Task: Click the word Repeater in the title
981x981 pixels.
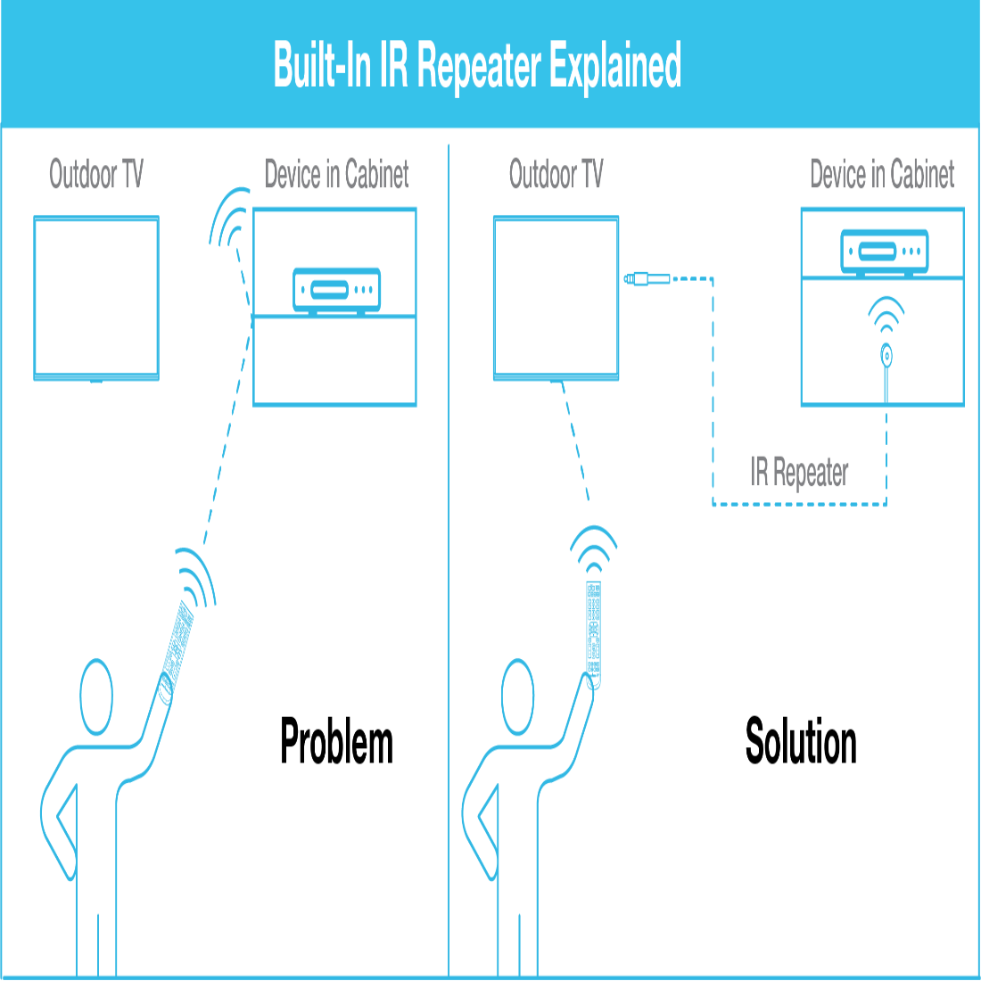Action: point(479,67)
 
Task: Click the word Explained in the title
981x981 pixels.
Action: point(615,67)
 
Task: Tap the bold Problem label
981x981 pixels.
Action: point(336,741)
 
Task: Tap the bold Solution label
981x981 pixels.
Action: point(801,741)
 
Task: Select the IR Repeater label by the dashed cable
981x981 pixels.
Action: point(799,473)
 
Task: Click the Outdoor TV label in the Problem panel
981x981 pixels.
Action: point(95,174)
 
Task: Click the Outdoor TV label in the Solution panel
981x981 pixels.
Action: point(556,174)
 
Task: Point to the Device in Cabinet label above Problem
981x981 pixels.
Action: point(337,174)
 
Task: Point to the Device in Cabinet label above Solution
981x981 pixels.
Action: point(882,174)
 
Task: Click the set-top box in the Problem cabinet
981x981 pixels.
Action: point(337,290)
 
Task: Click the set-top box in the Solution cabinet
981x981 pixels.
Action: point(884,251)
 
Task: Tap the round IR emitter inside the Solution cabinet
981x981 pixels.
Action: point(886,355)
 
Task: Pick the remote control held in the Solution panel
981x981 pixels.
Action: point(593,629)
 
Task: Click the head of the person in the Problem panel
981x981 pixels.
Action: point(96,696)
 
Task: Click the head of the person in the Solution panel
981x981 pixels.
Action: point(517,696)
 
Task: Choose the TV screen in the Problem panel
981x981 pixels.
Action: point(96,296)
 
